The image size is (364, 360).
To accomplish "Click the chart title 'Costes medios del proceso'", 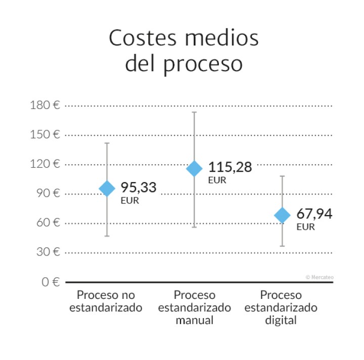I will click(184, 52).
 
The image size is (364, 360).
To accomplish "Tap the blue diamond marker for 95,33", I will click(107, 188).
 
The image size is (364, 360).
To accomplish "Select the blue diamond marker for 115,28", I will click(195, 169).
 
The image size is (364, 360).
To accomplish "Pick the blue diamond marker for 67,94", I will click(282, 215).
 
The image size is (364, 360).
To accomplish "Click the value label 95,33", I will click(139, 187).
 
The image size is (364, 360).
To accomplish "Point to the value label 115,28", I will click(230, 167).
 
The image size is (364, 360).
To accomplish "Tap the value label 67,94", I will click(314, 214).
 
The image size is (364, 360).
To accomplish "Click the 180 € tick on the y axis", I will click(45, 106).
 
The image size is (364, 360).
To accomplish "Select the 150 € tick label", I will click(45, 135).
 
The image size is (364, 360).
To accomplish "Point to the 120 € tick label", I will click(45, 164).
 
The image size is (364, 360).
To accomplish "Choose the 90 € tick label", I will click(48, 193).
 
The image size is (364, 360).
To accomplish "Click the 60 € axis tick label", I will click(48, 223).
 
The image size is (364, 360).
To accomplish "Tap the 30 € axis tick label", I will click(48, 252).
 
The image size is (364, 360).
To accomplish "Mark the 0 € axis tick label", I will click(51, 282).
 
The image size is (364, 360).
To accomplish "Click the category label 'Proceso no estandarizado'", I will click(106, 301).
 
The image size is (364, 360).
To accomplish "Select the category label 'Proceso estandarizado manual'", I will click(195, 307).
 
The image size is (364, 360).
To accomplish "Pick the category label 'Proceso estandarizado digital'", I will click(281, 307).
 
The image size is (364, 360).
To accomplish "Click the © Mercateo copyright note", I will click(320, 277).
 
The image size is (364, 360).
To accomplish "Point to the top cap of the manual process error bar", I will click(195, 112).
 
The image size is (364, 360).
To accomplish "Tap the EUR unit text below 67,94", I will click(305, 227).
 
